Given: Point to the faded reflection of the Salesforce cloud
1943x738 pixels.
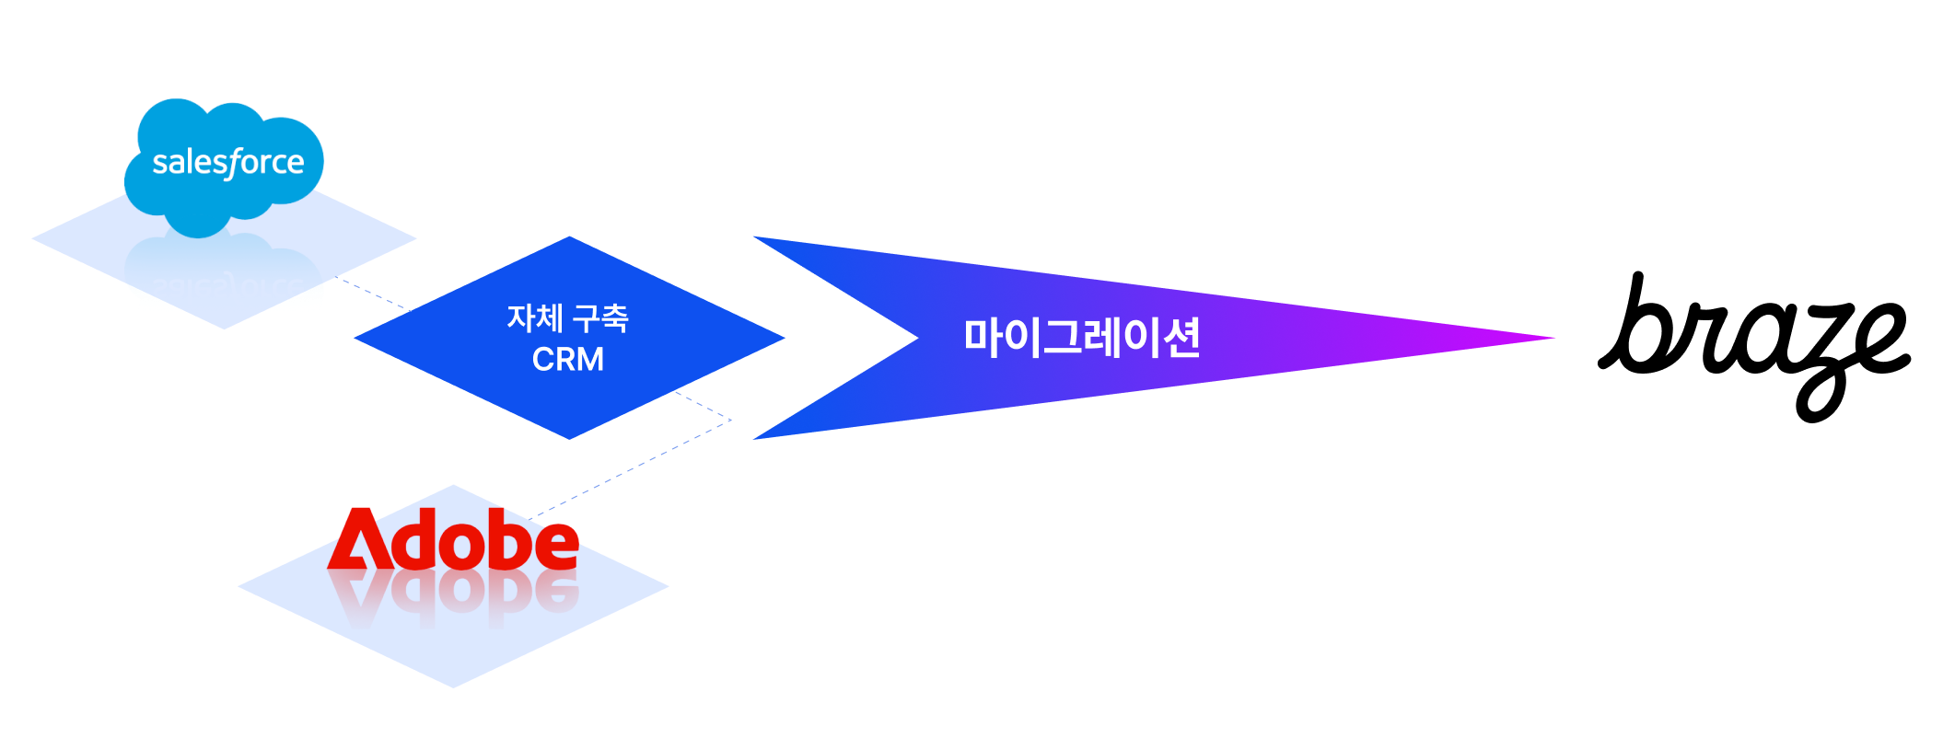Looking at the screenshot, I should pos(224,272).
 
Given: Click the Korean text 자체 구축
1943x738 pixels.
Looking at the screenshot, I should pos(567,318).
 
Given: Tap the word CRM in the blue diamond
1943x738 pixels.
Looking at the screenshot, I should pos(567,359).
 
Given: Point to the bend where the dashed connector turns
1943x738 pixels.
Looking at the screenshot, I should pos(730,421).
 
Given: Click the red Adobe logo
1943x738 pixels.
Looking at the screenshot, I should pos(453,540).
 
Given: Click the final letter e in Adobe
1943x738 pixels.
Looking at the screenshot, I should pos(556,547).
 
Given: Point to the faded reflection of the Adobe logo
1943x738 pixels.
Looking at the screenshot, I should pos(453,596).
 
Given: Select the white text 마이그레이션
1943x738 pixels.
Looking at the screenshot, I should pos(1082,338).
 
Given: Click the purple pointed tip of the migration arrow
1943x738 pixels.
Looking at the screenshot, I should pos(1547,338).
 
